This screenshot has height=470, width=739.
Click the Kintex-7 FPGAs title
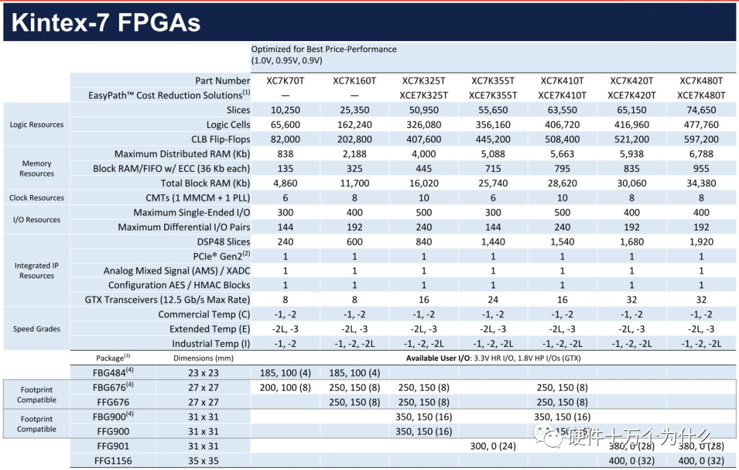click(106, 23)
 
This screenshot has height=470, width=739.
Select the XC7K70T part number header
click(285, 81)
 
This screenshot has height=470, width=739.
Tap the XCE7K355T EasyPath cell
click(493, 96)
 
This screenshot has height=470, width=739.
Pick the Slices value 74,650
click(701, 110)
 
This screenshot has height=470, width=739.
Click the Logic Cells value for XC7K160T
click(354, 125)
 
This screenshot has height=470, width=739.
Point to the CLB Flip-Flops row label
click(214, 140)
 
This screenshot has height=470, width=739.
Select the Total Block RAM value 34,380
click(701, 183)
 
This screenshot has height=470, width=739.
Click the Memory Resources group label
click(37, 168)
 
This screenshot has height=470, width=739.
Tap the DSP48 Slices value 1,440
click(493, 241)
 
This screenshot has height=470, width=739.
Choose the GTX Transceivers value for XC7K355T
click(493, 300)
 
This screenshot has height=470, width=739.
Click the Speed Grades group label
click(37, 329)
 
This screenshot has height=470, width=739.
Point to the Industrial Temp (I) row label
click(211, 344)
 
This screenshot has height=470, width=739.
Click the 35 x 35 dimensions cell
click(203, 461)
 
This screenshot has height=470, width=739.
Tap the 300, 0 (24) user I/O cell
click(493, 447)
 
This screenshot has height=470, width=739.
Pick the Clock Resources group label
click(37, 198)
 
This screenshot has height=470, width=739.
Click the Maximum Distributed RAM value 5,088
click(493, 154)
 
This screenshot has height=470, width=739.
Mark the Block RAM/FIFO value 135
click(285, 168)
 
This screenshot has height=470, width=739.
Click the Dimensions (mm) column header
click(203, 358)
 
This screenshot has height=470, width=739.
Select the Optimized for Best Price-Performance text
click(324, 49)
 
